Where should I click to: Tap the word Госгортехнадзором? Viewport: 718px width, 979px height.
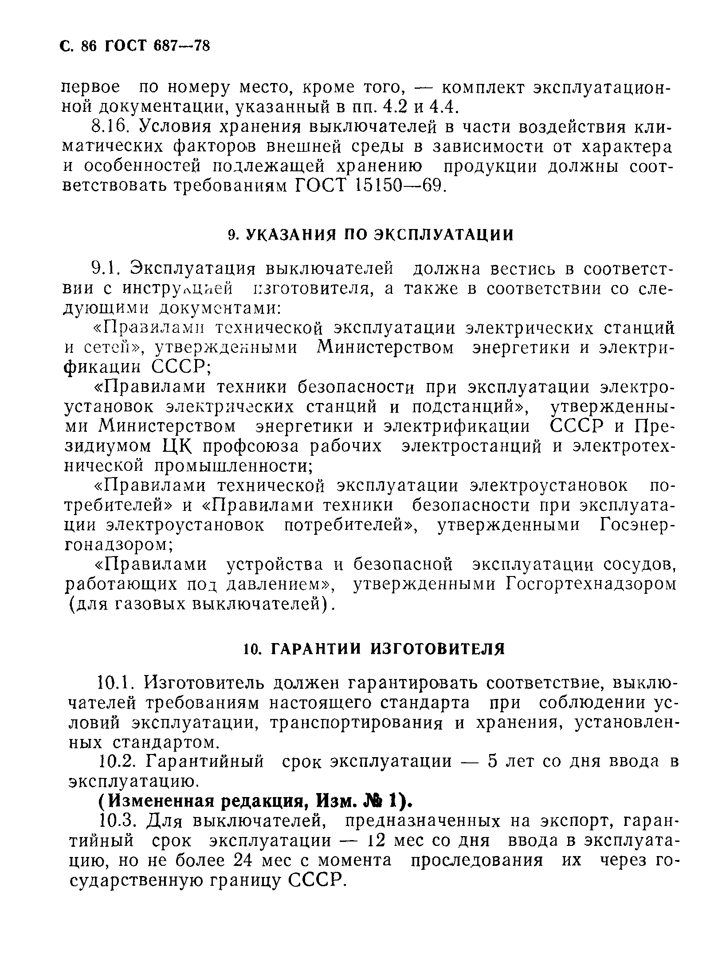[x=592, y=584]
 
